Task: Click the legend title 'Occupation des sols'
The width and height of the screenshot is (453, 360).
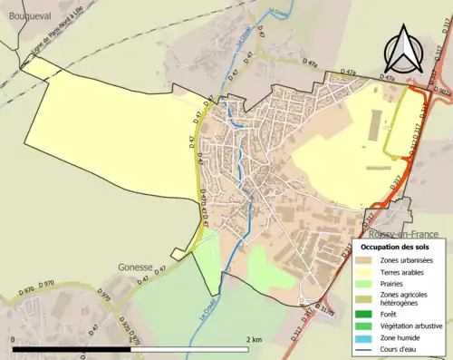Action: point(395,247)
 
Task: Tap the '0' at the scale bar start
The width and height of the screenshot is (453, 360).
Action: point(14,339)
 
